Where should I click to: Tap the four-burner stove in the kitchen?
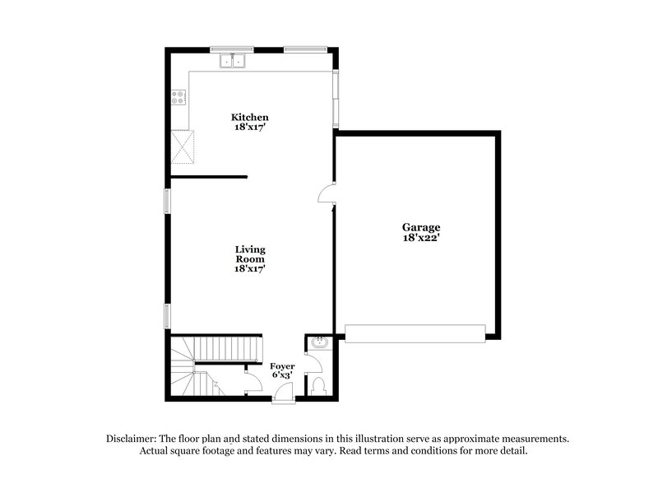pyautogui.click(x=178, y=100)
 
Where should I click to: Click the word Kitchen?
pyautogui.click(x=249, y=118)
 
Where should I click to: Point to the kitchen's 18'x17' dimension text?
pyautogui.click(x=249, y=128)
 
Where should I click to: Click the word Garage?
pyautogui.click(x=421, y=227)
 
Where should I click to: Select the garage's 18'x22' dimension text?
pyautogui.click(x=421, y=238)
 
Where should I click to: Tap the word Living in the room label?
pyautogui.click(x=250, y=249)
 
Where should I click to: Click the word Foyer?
pyautogui.click(x=282, y=365)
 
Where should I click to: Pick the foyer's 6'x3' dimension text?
pyautogui.click(x=282, y=375)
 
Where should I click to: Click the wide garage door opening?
pyautogui.click(x=415, y=333)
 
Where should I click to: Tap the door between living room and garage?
pyautogui.click(x=326, y=193)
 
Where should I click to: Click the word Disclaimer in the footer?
pyautogui.click(x=132, y=439)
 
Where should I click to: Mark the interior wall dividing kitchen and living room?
pyautogui.click(x=209, y=176)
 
